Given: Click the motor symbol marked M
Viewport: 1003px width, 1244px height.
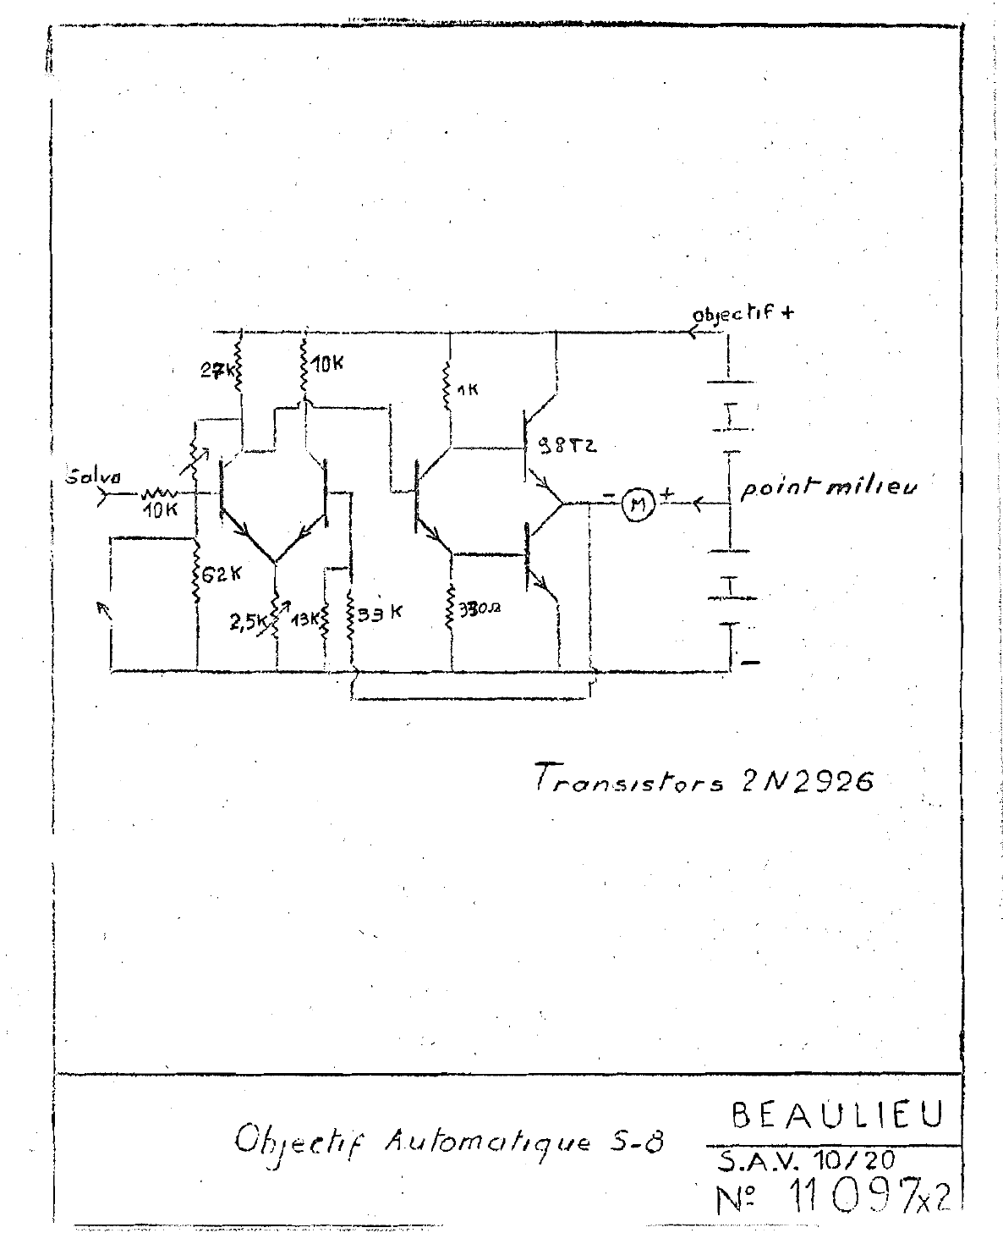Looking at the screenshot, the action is [639, 504].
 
